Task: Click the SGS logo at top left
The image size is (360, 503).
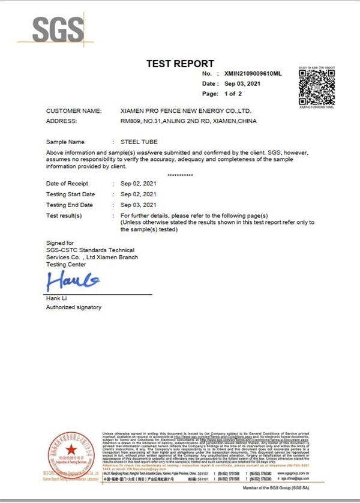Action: pos(59,29)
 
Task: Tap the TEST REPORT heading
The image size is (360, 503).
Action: pos(180,64)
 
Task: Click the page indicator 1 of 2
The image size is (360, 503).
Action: pos(233,94)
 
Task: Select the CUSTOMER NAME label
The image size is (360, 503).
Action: pos(74,111)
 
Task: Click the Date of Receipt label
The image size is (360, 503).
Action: pos(67,184)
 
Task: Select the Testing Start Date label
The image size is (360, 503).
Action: pos(70,194)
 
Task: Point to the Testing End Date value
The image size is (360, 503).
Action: pos(139,205)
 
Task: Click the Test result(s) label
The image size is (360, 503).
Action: pos(64,215)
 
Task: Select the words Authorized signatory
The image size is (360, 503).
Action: pos(74,307)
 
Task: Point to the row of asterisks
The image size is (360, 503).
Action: pos(180,175)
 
